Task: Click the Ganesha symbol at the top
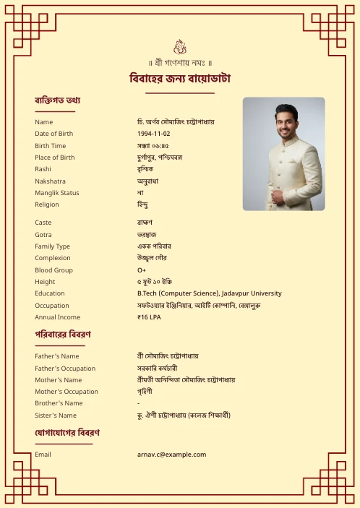pyautogui.click(x=180, y=46)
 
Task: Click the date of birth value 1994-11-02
pyautogui.click(x=153, y=134)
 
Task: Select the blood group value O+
pyautogui.click(x=142, y=270)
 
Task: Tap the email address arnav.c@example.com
pyautogui.click(x=171, y=455)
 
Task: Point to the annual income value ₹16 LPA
pyautogui.click(x=150, y=317)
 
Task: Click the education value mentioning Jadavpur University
pyautogui.click(x=209, y=293)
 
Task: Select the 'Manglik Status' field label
pyautogui.click(x=57, y=193)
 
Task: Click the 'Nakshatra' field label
pyautogui.click(x=50, y=181)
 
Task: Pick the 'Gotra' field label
pyautogui.click(x=43, y=235)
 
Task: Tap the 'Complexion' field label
pyautogui.click(x=53, y=258)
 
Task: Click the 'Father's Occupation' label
pyautogui.click(x=65, y=369)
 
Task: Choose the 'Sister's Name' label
pyautogui.click(x=56, y=416)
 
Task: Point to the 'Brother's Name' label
pyautogui.click(x=59, y=403)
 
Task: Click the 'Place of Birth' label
pyautogui.click(x=55, y=158)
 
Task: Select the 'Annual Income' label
pyautogui.click(x=57, y=317)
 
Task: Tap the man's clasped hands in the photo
pyautogui.click(x=278, y=196)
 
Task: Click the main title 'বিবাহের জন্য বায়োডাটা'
pyautogui.click(x=180, y=78)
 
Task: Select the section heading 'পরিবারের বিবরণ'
pyautogui.click(x=63, y=335)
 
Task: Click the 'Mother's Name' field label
pyautogui.click(x=59, y=380)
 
